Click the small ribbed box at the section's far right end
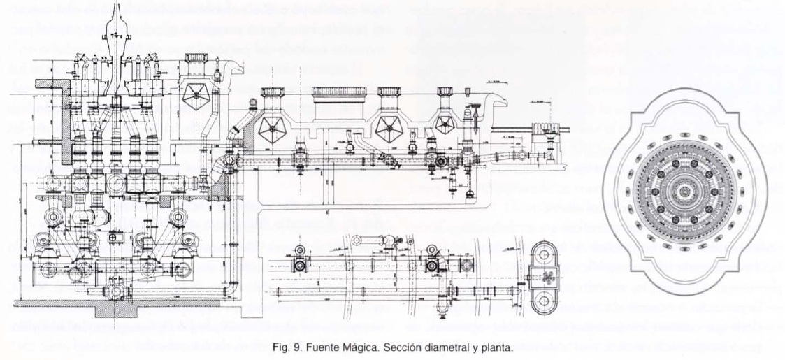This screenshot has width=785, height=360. (x=544, y=131)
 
